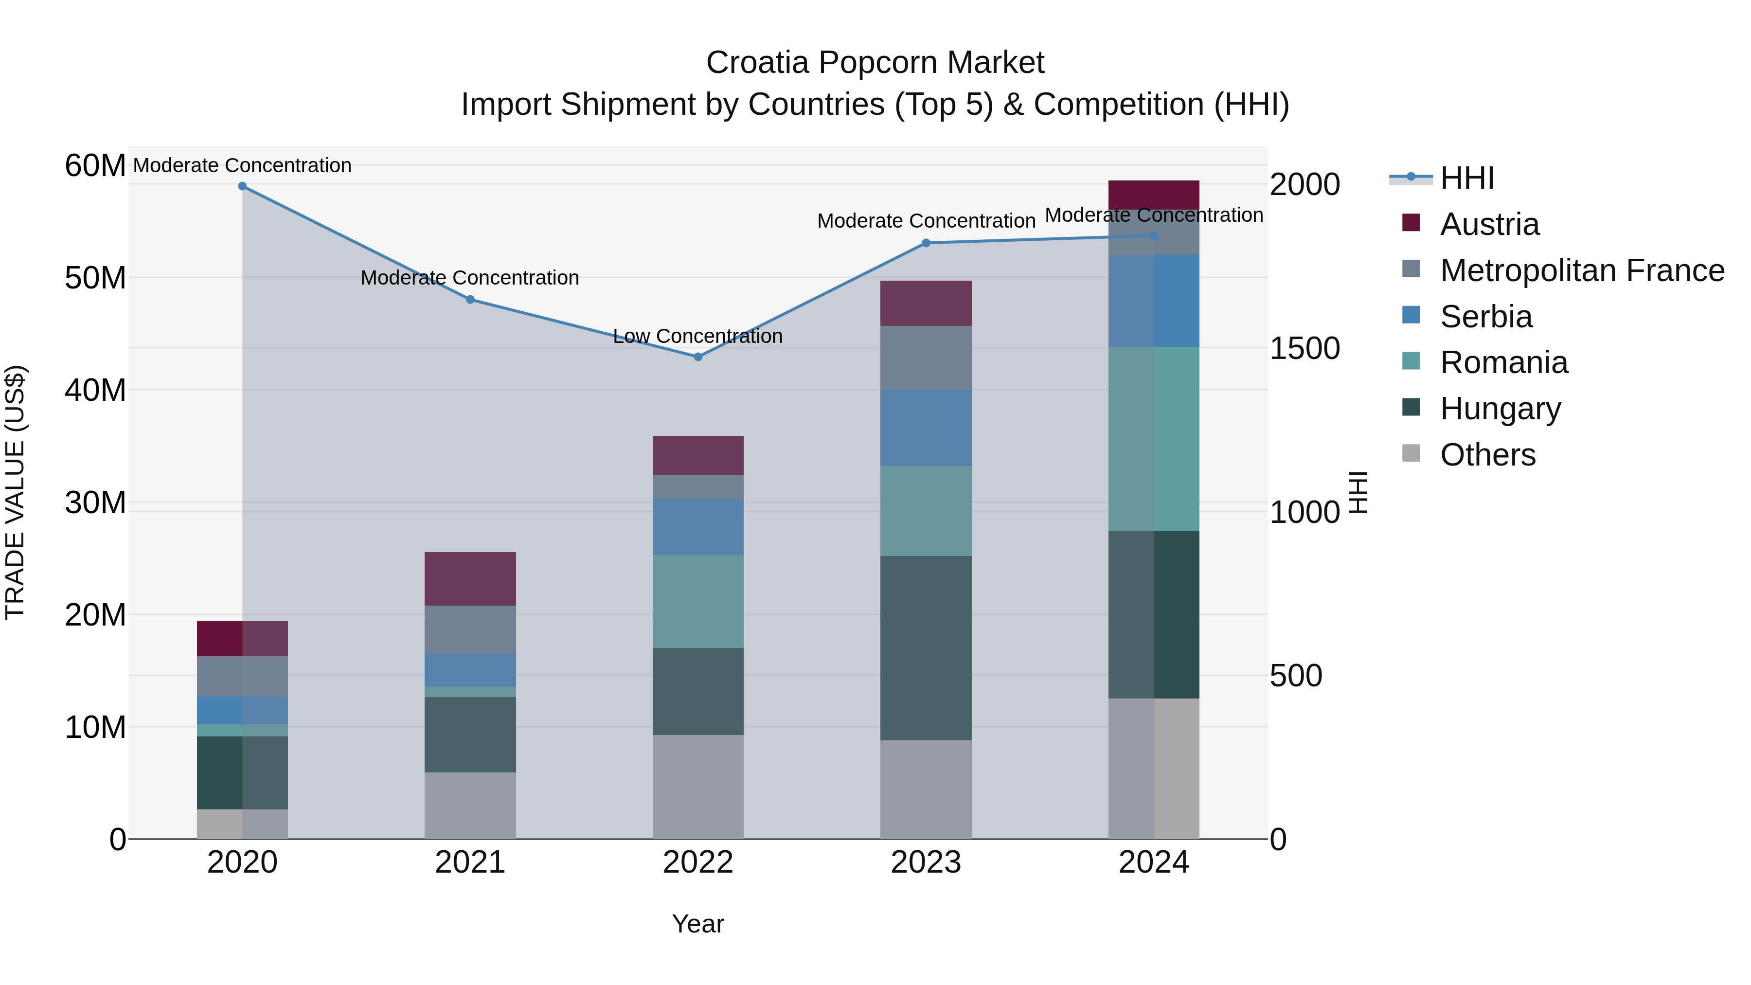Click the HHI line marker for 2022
698,357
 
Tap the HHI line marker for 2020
242,186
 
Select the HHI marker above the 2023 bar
926,243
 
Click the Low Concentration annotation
697,337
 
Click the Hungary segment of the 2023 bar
926,648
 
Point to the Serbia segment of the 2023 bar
926,428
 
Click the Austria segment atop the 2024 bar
1154,195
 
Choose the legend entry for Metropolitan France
1582,270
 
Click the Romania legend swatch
1411,361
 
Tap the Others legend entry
1487,455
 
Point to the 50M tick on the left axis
95,278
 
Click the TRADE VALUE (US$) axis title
16,492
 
